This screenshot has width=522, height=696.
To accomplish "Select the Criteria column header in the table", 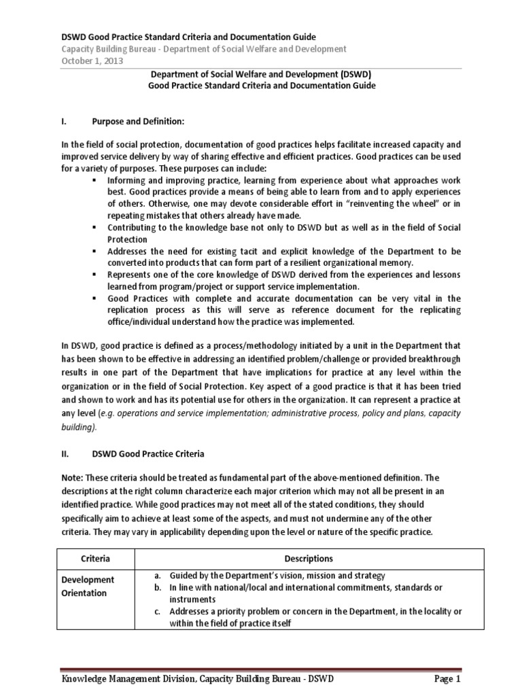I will (96, 558).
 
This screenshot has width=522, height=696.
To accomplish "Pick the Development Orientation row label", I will (88, 586).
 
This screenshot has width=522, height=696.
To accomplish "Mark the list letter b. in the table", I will (157, 587).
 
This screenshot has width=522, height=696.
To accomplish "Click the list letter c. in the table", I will (157, 611).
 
